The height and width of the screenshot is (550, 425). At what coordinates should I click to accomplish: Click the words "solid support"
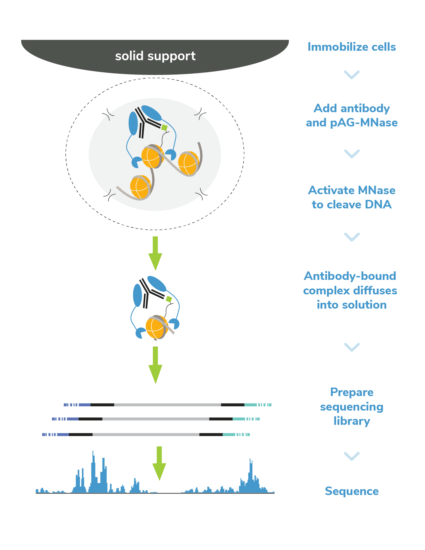coord(155,56)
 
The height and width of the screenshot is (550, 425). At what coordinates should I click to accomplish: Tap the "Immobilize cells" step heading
coord(352,47)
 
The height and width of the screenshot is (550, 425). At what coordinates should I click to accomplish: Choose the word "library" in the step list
coord(352,421)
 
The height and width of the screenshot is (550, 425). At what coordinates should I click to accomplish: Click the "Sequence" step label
coord(352,491)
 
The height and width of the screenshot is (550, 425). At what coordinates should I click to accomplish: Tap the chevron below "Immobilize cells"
coord(352,75)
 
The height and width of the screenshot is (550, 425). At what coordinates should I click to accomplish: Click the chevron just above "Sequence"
coord(352,456)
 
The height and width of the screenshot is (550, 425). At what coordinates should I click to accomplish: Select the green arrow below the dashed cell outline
coord(155,253)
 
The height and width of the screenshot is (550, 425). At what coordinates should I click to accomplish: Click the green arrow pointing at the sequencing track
coord(159,463)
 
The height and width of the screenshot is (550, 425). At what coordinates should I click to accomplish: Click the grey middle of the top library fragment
coord(167,405)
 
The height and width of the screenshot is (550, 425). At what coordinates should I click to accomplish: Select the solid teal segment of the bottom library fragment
coord(229,435)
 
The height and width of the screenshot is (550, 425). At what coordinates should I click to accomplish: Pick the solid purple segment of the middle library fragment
coord(73,419)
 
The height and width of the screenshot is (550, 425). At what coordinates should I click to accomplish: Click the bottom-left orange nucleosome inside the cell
coord(140,187)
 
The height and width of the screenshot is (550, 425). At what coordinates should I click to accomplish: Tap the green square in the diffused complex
coord(169,299)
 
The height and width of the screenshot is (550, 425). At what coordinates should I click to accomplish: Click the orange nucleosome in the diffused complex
coord(156,327)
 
